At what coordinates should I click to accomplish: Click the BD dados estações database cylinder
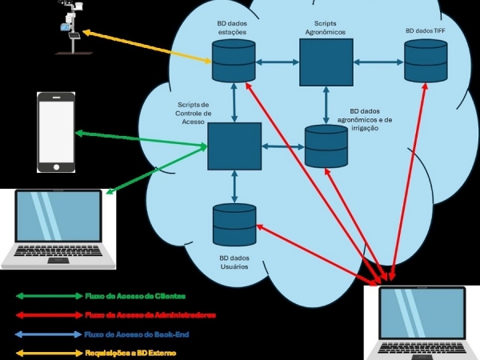pos(234,60)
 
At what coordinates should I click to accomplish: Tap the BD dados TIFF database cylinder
pos(425,60)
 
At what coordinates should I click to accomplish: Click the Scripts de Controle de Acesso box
pos(234,146)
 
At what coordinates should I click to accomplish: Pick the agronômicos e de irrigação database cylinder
pos(326,145)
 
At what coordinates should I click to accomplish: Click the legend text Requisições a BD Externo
pos(130,353)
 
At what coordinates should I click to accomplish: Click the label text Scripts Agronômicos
pos(326,28)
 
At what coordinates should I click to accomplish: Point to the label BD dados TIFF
pos(426,31)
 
